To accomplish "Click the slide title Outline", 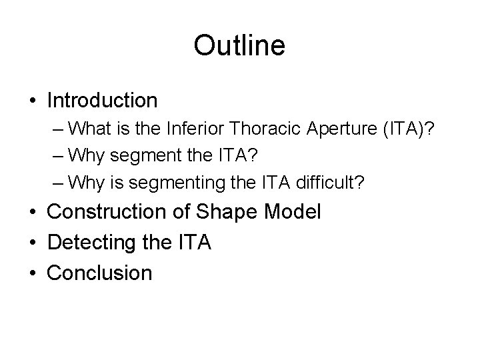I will (x=239, y=46).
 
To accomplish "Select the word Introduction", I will (x=103, y=101).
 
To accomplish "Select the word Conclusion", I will (x=100, y=272).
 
